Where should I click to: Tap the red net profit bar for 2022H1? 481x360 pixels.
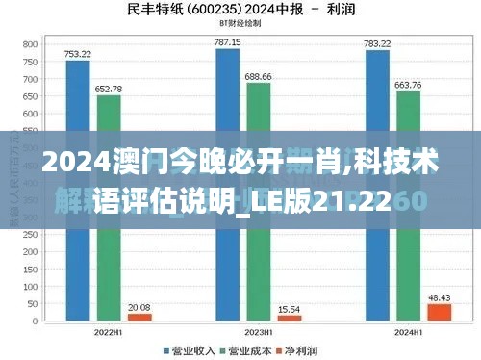point(139,317)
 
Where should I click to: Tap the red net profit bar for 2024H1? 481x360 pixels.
point(440,312)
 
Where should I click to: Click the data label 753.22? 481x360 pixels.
point(78,54)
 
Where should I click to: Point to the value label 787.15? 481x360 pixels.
point(228,42)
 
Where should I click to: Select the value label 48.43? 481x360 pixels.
point(440,297)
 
